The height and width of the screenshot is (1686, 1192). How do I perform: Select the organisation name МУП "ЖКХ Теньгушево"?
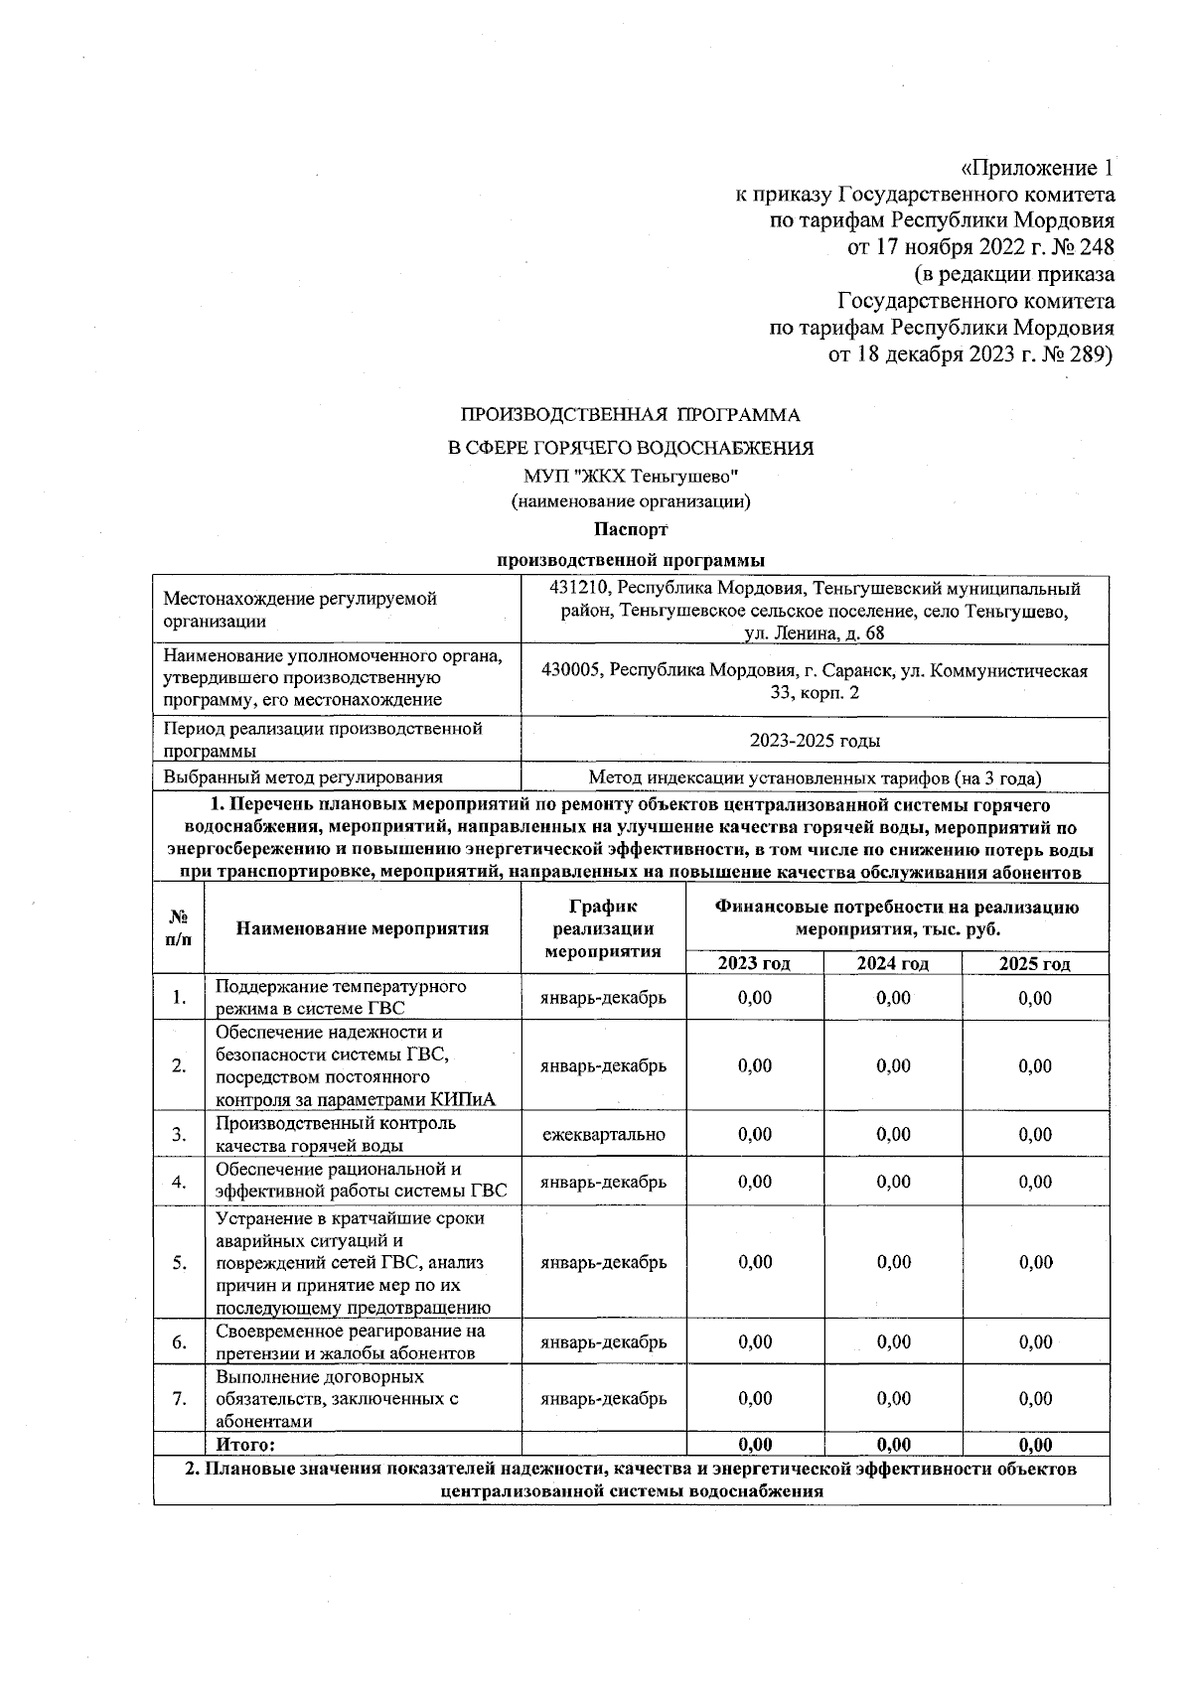point(630,476)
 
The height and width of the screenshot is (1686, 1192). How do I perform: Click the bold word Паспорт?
point(630,529)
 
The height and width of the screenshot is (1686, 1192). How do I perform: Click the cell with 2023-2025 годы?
point(814,741)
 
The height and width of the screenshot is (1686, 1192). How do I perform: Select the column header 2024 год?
point(892,964)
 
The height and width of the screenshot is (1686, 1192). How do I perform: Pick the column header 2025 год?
point(1034,964)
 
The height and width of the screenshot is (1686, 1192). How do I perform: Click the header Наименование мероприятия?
point(362,929)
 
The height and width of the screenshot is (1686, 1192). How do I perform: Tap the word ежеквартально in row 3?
point(603,1134)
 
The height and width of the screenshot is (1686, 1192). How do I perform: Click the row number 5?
point(179,1263)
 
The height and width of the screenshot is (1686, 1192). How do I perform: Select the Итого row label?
point(244,1445)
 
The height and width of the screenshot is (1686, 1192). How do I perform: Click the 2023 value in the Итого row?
point(754,1445)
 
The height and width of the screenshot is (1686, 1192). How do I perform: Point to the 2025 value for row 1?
point(1034,998)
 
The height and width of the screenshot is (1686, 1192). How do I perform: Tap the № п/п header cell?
point(179,929)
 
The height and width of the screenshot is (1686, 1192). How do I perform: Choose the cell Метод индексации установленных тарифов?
point(814,778)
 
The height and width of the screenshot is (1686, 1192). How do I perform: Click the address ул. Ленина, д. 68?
point(814,633)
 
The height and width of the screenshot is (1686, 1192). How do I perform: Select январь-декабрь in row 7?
point(603,1399)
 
